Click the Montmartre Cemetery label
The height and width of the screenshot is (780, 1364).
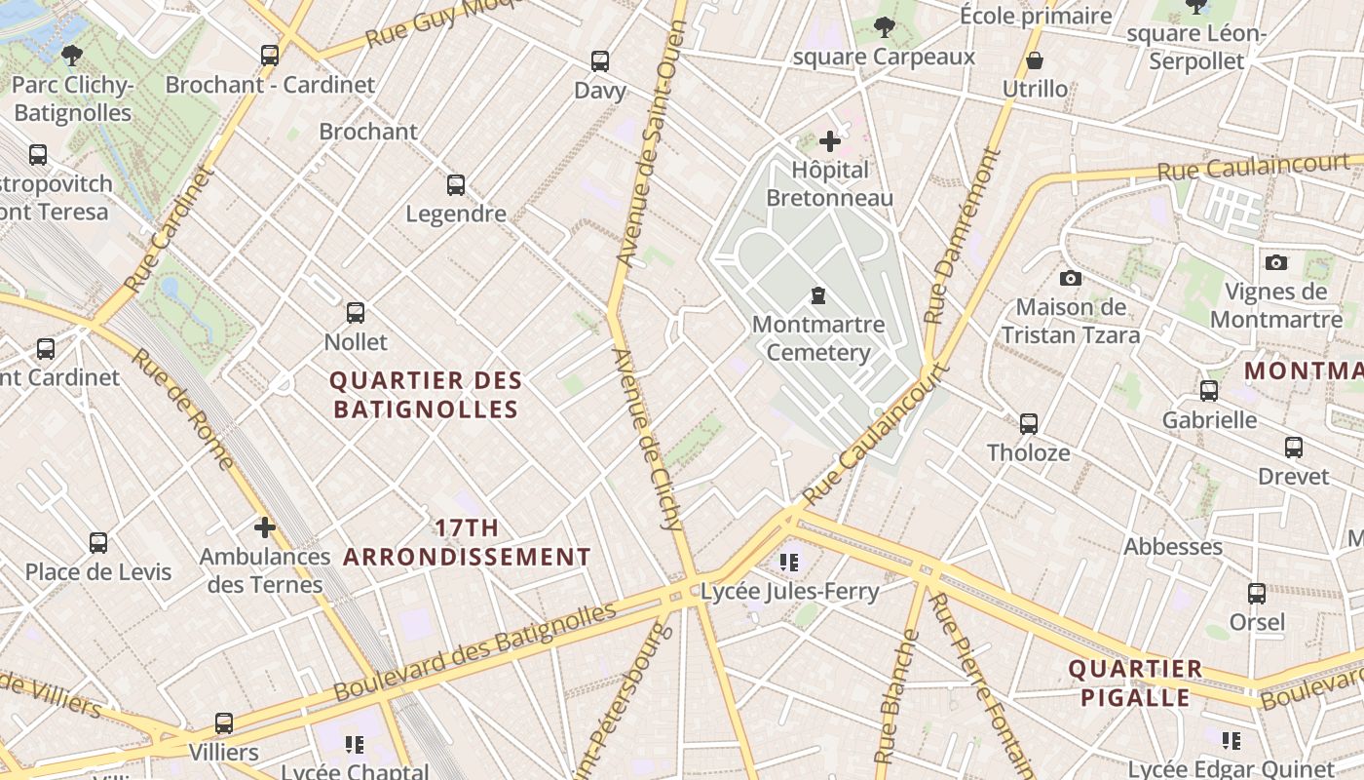coord(818,338)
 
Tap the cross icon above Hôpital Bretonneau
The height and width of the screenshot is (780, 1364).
coord(830,142)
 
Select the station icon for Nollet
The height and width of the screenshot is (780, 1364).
coord(356,313)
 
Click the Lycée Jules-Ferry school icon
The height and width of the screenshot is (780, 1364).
coord(789,563)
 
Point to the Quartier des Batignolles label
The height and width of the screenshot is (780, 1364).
coord(426,395)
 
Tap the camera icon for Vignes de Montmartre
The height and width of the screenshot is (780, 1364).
coord(1276,262)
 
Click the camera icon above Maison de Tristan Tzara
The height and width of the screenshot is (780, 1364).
coord(1071,278)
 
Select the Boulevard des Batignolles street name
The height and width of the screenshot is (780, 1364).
coord(475,651)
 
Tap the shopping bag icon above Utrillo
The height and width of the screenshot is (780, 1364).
coord(1035,61)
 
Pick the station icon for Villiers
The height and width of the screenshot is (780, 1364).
coord(224,723)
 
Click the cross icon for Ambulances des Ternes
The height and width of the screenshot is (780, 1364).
coord(264,527)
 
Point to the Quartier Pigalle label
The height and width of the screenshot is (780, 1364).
coord(1135,683)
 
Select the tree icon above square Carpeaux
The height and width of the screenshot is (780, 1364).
coord(885,26)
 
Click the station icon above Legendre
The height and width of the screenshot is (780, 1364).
coord(456,184)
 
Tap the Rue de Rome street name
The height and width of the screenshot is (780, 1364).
coord(184,409)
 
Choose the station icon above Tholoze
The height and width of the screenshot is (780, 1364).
coord(1029,424)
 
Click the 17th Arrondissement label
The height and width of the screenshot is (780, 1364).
coord(467,543)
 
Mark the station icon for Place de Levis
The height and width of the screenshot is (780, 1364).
coord(98,543)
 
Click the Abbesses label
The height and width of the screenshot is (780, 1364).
coord(1173,546)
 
